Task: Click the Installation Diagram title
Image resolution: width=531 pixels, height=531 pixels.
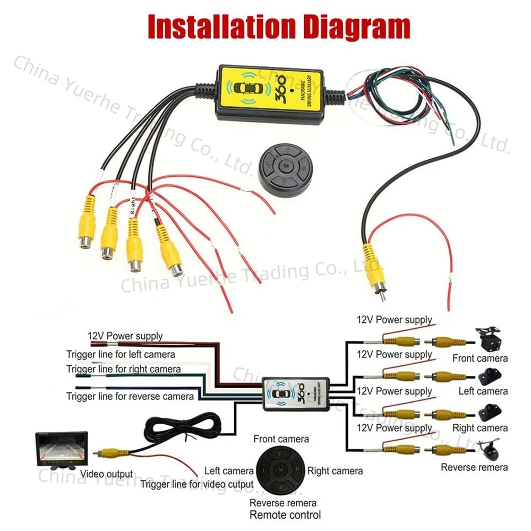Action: click(279, 26)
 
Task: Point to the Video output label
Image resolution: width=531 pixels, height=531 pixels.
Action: click(106, 474)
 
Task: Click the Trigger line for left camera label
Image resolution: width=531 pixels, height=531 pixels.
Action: click(121, 354)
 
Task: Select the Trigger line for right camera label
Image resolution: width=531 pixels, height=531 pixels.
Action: click(123, 369)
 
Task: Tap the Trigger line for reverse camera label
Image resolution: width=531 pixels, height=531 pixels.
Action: click(130, 396)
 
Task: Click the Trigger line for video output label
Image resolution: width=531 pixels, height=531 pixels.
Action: click(197, 484)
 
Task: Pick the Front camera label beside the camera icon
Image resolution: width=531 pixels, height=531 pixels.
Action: click(479, 358)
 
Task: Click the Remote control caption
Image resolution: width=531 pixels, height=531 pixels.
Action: click(285, 515)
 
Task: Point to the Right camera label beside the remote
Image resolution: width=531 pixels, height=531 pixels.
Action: click(335, 470)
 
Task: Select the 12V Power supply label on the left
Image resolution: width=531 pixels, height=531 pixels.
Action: click(125, 336)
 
